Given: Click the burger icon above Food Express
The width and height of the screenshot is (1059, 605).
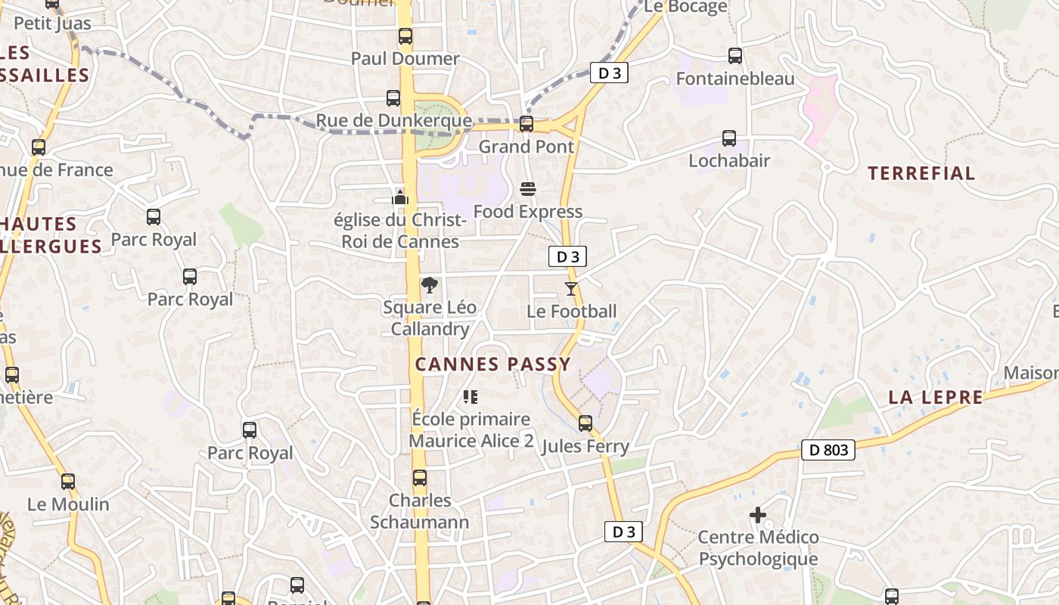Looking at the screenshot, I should pyautogui.click(x=528, y=188).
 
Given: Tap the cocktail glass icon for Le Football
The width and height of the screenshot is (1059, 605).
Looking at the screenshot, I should pyautogui.click(x=571, y=288).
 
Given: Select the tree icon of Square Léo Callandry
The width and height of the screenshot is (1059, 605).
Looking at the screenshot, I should pyautogui.click(x=430, y=284).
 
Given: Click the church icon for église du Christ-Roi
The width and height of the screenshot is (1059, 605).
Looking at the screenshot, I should pyautogui.click(x=400, y=197).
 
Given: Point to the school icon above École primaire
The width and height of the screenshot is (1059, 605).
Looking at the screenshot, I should pyautogui.click(x=470, y=396).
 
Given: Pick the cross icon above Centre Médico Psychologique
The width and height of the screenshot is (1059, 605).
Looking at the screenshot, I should pyautogui.click(x=758, y=515).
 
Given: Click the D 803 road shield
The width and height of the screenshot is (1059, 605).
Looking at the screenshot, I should pyautogui.click(x=828, y=450).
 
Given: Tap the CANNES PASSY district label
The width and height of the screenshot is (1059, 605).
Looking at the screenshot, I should pyautogui.click(x=493, y=365).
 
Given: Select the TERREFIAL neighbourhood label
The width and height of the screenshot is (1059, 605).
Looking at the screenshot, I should pyautogui.click(x=921, y=173).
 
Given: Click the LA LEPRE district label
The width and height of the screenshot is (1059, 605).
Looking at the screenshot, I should pyautogui.click(x=936, y=397).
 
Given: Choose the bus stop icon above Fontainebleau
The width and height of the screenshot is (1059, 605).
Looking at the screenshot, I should pyautogui.click(x=734, y=55).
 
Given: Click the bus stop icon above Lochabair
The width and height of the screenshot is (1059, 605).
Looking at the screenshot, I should pyautogui.click(x=729, y=138).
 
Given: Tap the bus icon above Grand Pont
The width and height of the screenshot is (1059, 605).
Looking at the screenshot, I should pyautogui.click(x=526, y=124).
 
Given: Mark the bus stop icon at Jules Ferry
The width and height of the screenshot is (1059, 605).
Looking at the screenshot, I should pyautogui.click(x=585, y=423).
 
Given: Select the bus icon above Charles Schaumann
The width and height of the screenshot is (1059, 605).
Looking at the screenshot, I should pyautogui.click(x=420, y=478).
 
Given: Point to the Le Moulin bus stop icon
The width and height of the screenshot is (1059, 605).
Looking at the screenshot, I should pyautogui.click(x=68, y=481).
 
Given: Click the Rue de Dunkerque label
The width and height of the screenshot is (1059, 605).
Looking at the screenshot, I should pyautogui.click(x=393, y=121).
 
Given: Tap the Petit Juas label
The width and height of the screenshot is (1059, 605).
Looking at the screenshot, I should pyautogui.click(x=52, y=23).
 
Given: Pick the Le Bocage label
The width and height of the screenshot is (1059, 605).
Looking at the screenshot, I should pyautogui.click(x=685, y=7).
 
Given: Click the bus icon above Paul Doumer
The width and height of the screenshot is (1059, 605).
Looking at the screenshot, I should pyautogui.click(x=405, y=36).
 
